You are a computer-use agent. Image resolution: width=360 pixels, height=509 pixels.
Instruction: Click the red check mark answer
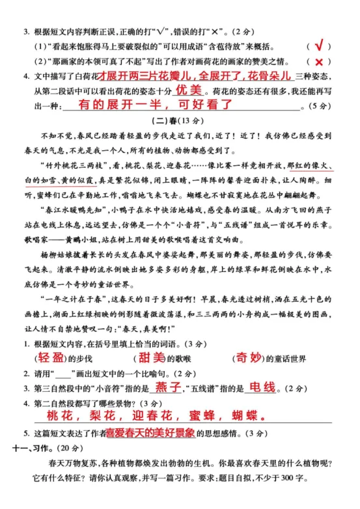pos(319,46)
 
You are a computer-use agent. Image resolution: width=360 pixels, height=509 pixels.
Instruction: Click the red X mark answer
pos(319,62)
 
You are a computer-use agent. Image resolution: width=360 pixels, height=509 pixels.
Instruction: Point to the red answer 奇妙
pos(251,357)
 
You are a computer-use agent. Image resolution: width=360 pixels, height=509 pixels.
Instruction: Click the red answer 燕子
pos(166,388)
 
